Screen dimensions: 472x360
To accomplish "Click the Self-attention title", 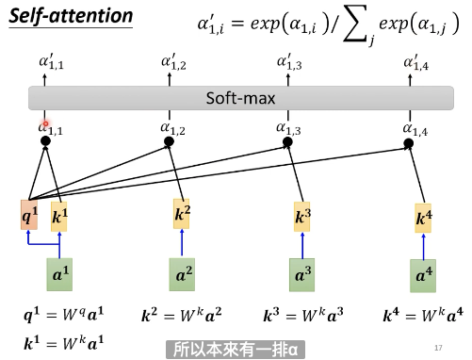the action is tap(71, 16).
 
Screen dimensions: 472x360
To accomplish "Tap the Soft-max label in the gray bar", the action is tap(240, 98).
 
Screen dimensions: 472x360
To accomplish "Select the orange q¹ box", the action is tap(29, 215).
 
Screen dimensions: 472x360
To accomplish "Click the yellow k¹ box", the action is tap(59, 217).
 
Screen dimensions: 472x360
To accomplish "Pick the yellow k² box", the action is tap(182, 214).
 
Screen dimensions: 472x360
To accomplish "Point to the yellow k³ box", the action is tap(302, 217).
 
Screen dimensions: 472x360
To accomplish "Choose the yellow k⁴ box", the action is tap(423, 219).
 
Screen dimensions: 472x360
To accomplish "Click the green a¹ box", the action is tap(59, 274).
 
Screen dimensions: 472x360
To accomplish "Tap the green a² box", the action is tap(182, 274).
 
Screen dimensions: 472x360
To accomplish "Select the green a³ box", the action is tap(302, 275).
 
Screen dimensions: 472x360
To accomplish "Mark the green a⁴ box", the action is tap(423, 276).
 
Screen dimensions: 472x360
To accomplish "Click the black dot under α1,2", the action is tap(169, 141).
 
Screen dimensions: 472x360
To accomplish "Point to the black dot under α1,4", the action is tap(408, 143).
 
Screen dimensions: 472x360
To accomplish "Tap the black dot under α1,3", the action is tap(287, 142).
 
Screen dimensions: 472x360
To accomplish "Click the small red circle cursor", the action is tap(45, 124).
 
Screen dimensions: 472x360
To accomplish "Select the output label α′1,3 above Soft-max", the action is tap(289, 61).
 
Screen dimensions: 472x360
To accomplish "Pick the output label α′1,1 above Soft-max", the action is tap(52, 61).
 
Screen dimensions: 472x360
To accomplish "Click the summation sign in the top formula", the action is tap(356, 24).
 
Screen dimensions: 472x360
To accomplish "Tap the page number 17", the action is tap(438, 348).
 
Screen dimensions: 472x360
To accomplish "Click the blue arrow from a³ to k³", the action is tap(302, 245).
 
